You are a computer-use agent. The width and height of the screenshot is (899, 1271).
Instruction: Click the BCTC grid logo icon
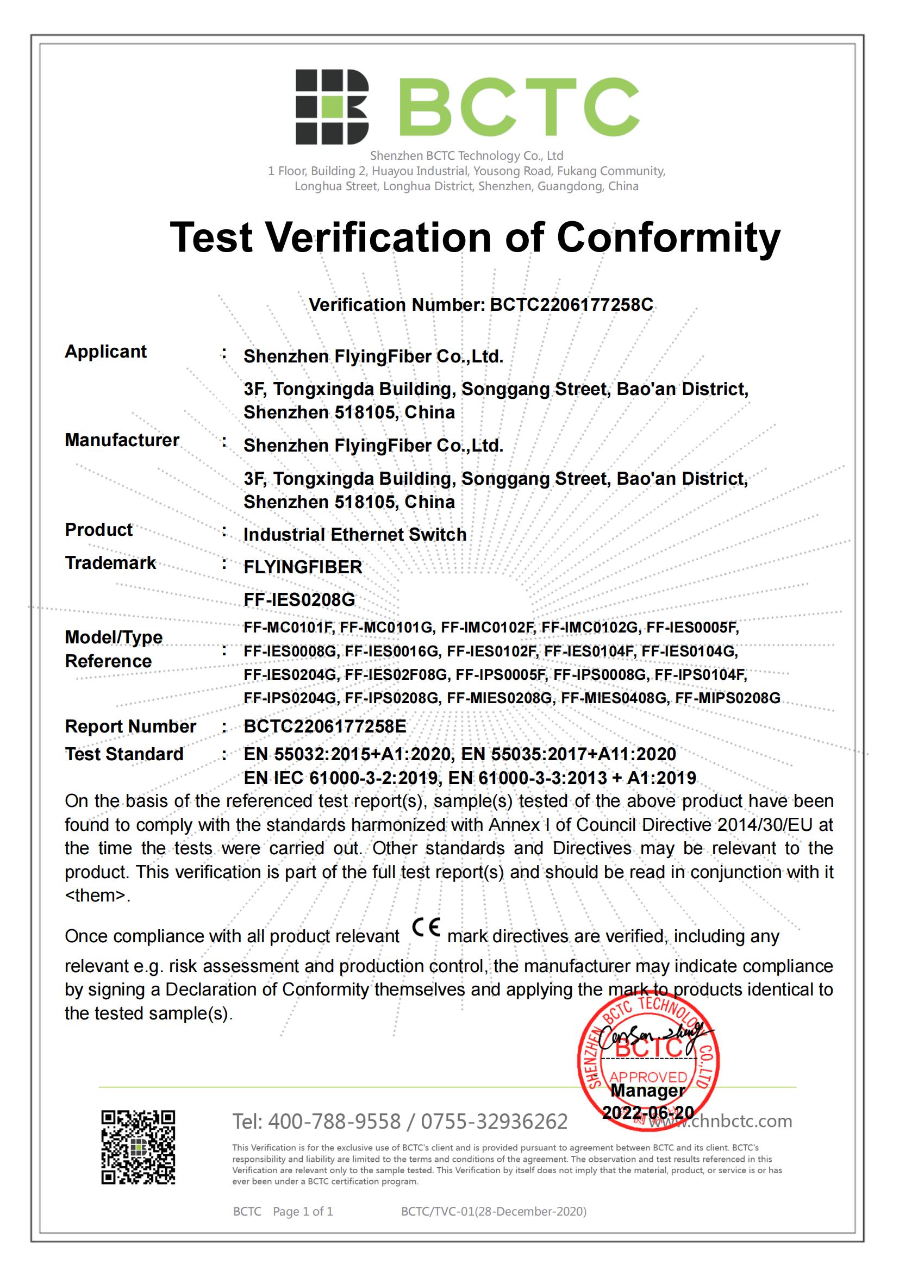click(x=332, y=107)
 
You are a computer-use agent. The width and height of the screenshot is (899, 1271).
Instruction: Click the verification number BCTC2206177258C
click(x=571, y=304)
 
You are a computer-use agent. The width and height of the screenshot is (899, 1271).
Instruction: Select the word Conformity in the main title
click(x=668, y=237)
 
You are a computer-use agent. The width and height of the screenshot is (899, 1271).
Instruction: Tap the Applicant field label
click(x=106, y=352)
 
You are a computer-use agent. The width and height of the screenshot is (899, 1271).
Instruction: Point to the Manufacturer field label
click(x=122, y=440)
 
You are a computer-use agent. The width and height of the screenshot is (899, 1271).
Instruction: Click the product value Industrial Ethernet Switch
click(x=355, y=534)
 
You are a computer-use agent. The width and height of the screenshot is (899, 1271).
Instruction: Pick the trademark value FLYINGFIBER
click(x=303, y=567)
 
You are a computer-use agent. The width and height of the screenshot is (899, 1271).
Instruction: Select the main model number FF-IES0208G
click(x=299, y=599)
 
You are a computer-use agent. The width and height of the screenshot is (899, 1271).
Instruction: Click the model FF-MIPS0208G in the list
click(x=727, y=698)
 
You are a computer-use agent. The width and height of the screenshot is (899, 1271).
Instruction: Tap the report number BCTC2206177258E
click(x=325, y=727)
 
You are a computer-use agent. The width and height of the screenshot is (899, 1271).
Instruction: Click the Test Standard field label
click(x=124, y=754)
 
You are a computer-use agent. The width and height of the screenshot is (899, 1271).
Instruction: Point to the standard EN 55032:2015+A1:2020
click(x=348, y=754)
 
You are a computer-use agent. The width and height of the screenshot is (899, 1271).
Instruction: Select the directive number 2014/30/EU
click(x=765, y=825)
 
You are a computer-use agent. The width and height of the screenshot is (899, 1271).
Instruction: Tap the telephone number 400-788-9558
click(x=334, y=1122)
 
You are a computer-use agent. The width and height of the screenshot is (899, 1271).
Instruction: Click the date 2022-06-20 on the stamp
click(x=648, y=1113)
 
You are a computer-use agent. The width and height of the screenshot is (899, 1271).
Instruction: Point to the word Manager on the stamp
click(x=648, y=1091)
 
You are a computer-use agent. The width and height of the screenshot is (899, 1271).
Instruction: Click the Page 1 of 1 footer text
click(x=303, y=1211)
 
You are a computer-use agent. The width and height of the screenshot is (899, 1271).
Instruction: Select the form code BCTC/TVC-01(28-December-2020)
click(x=494, y=1211)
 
